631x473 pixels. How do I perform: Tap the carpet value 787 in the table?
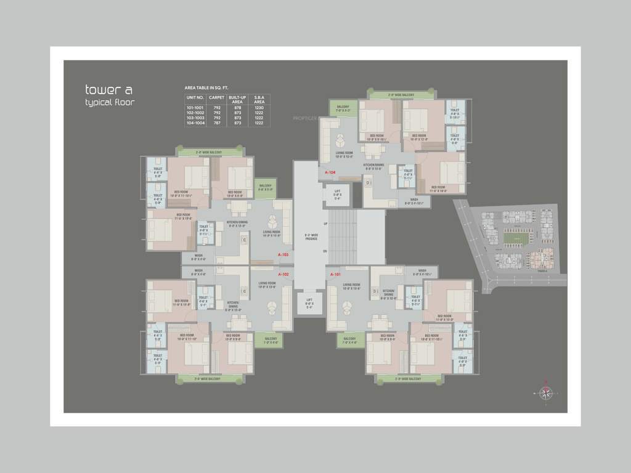[x=216, y=123]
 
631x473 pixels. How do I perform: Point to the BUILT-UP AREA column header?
[x=237, y=99]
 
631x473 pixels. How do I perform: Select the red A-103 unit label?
[x=283, y=254]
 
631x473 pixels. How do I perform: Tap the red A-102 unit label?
[x=283, y=274]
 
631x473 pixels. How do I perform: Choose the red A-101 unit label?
[x=335, y=274]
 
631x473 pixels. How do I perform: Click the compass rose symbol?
[x=545, y=392]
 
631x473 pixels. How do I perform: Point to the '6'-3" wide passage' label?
[x=311, y=236]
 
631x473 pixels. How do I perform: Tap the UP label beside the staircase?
[x=325, y=224]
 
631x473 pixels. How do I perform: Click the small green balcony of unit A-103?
[x=265, y=188]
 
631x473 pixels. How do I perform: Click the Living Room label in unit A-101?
[x=352, y=286]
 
